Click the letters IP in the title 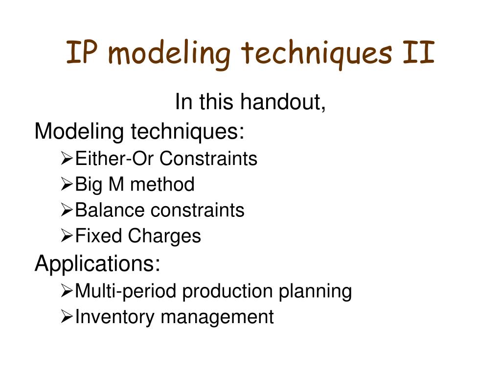click(81, 52)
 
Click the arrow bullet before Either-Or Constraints click(67, 158)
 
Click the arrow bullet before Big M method click(67, 184)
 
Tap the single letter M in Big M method click(116, 184)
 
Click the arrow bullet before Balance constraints click(67, 210)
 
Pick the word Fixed click(98, 235)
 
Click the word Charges click(164, 236)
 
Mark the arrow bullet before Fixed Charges click(67, 236)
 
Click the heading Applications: click(97, 264)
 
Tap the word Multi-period click(126, 291)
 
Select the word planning click(315, 291)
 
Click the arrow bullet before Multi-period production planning click(67, 291)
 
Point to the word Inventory click(114, 317)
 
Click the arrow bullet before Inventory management click(67, 317)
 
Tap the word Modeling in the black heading click(79, 131)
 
